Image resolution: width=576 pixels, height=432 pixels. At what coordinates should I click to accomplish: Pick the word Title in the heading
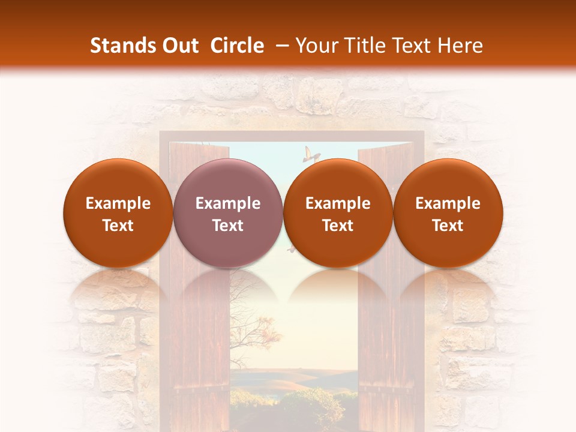(x=367, y=46)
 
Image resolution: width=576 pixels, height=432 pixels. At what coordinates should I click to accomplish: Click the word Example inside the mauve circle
(x=228, y=203)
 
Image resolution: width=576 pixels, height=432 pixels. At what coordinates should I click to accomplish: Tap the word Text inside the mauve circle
(x=228, y=226)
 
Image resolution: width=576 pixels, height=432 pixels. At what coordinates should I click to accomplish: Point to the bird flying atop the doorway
(x=310, y=154)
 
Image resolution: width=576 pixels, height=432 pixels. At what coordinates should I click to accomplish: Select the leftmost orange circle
(x=118, y=213)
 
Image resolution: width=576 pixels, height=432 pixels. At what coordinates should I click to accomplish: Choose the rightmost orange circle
(x=448, y=213)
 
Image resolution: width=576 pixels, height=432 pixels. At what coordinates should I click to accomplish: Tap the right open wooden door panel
(x=384, y=336)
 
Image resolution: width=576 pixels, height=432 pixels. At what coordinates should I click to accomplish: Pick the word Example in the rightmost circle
(x=448, y=203)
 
